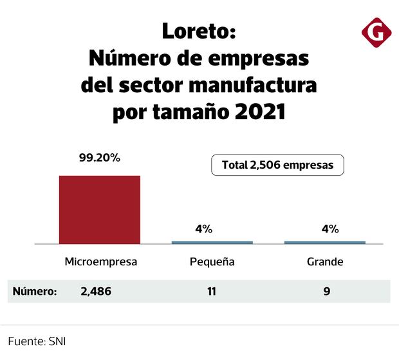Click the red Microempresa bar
[x=100, y=209]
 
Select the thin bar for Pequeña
[x=212, y=242]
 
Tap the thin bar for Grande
[x=325, y=242]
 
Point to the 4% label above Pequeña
[x=203, y=229]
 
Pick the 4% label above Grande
[x=329, y=229]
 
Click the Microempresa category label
[x=101, y=262]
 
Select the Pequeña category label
[x=212, y=262]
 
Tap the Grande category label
[x=324, y=262]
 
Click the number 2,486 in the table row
[x=96, y=291]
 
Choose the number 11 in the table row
[x=212, y=291]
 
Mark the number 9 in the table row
[x=327, y=291]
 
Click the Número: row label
[x=35, y=291]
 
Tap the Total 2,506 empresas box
[x=277, y=165]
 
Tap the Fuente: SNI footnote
[x=37, y=341]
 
